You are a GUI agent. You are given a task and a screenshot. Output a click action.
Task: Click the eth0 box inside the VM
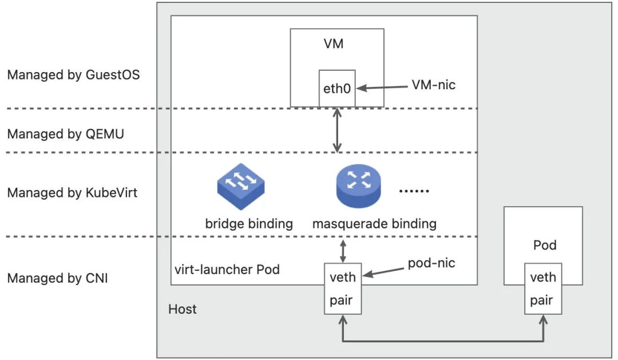(x=337, y=88)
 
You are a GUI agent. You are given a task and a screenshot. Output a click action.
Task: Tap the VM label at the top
(x=338, y=43)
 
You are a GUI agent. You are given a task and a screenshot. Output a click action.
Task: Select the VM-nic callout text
(x=434, y=85)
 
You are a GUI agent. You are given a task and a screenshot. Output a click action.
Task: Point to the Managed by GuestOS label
(x=73, y=75)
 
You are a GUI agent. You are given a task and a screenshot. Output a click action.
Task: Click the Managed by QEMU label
(x=65, y=134)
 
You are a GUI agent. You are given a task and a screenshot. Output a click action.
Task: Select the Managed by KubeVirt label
(x=72, y=192)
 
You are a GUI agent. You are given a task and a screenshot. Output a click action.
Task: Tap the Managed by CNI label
(x=58, y=279)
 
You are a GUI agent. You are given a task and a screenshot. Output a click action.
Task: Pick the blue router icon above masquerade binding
(x=358, y=186)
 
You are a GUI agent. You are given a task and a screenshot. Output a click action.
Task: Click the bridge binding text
(x=249, y=223)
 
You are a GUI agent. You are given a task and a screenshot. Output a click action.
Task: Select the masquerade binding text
(x=374, y=223)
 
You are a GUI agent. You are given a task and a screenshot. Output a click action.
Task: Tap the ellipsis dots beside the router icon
(x=413, y=191)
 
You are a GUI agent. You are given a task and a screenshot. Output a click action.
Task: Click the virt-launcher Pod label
(x=227, y=269)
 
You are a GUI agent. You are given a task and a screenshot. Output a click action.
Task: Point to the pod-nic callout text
(x=432, y=263)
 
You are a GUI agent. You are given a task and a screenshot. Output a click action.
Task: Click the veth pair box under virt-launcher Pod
(x=343, y=288)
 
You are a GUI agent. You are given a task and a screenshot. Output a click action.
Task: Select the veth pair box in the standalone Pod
(x=543, y=288)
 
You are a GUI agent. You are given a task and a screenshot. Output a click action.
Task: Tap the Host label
(x=183, y=309)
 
